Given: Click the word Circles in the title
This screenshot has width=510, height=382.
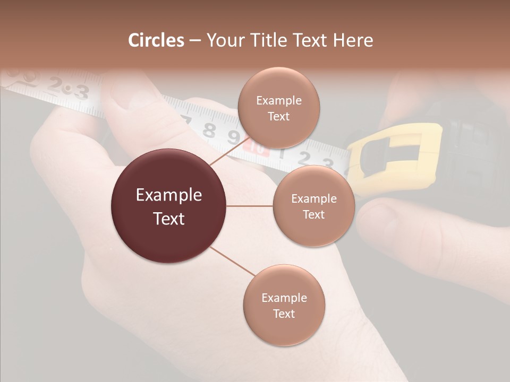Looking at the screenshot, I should (x=156, y=40).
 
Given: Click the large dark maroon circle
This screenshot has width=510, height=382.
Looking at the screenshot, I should (x=168, y=206).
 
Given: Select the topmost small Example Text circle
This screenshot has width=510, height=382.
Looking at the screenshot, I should (x=278, y=108).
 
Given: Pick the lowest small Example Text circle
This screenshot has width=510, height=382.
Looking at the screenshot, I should (x=284, y=305).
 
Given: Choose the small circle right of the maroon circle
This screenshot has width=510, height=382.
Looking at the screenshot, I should (x=313, y=206).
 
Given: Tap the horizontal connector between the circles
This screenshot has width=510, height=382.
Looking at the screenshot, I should (x=250, y=206).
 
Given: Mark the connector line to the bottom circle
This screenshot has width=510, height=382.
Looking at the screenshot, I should (x=234, y=262).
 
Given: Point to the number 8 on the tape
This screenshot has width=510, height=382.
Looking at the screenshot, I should (x=210, y=130).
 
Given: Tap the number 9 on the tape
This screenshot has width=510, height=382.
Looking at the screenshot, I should (x=233, y=137).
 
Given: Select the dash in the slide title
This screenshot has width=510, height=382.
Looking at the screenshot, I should (x=195, y=41).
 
